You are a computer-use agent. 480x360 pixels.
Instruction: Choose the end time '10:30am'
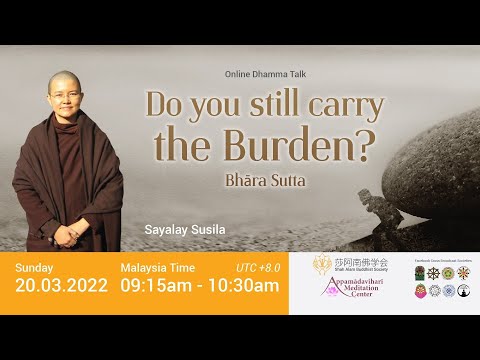pos(242,287)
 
